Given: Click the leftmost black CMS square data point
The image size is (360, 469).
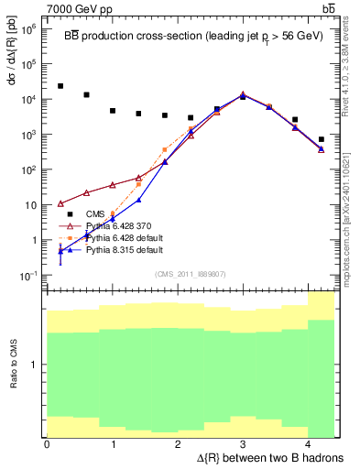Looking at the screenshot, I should tap(60, 86).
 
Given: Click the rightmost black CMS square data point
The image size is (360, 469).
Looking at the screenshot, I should tap(321, 139).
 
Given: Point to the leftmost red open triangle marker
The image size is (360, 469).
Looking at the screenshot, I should tap(60, 203).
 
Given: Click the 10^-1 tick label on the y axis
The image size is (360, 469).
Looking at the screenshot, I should tap(28, 276).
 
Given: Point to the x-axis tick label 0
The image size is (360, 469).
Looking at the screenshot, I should tap(47, 444).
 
